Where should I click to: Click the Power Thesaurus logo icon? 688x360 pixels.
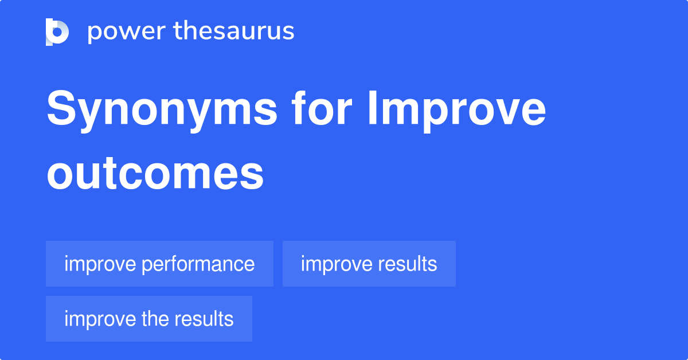pos(57,32)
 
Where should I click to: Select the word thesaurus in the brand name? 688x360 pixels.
pos(234,32)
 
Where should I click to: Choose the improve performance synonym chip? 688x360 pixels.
pos(159,264)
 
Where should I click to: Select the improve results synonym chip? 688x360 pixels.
pos(369,264)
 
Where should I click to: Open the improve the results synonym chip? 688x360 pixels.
pos(148,319)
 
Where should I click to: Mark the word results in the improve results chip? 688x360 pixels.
pos(408,264)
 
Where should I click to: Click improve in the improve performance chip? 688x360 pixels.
pos(100,264)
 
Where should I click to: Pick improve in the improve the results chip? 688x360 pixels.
pos(100,319)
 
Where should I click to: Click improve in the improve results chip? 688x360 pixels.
pos(337,264)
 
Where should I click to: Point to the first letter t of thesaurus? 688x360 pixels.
pos(178,32)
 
